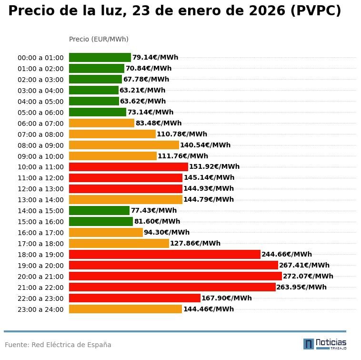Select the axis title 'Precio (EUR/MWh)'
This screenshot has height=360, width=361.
click(99, 39)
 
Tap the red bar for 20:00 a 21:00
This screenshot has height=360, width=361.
click(175, 276)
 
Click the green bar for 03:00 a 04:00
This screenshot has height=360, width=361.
click(94, 90)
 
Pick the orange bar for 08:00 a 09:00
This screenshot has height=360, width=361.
click(124, 145)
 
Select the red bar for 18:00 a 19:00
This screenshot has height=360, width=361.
click(165, 254)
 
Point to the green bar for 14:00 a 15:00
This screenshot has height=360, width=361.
click(99, 210)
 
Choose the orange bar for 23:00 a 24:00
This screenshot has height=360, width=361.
click(125, 309)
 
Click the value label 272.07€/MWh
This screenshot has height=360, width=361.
click(308, 276)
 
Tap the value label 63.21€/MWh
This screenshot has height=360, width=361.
click(142, 90)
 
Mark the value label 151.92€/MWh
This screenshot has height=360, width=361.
click(214, 167)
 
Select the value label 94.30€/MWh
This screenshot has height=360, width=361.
click(167, 232)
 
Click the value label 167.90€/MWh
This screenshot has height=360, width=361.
click(226, 298)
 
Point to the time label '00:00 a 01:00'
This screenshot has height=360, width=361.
click(40, 58)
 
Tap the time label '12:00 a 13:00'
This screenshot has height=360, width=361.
click(40, 189)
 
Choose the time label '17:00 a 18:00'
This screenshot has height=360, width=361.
click(40, 244)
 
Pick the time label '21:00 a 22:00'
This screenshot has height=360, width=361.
click(40, 288)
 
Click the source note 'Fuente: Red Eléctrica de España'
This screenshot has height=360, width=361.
click(58, 345)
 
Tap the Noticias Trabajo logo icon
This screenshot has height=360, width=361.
click(309, 344)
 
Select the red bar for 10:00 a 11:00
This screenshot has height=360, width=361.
click(129, 167)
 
